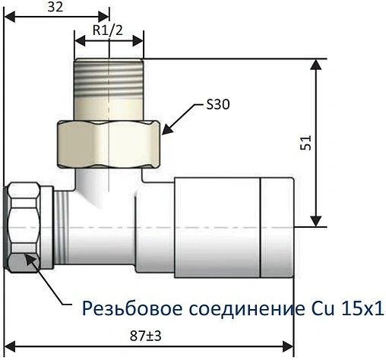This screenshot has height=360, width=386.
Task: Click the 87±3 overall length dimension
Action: click(x=147, y=334)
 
